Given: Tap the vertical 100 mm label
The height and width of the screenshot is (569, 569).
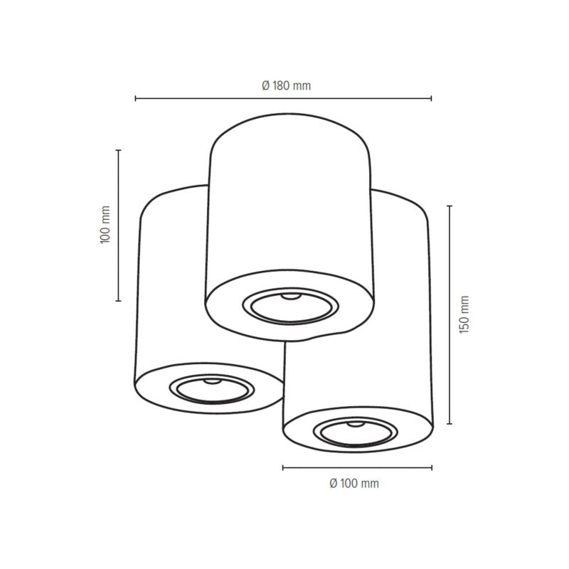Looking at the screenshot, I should [x=106, y=225].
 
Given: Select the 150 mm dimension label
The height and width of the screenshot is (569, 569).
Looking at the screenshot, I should [x=464, y=315].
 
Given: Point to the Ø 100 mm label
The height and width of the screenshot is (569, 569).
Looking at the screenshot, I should [x=354, y=484].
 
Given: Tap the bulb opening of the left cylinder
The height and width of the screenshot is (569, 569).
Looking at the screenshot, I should [x=211, y=389].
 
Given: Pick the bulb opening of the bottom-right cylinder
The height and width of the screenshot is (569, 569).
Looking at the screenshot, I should [x=356, y=432].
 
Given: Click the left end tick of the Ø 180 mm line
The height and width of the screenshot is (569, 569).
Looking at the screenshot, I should [x=136, y=98].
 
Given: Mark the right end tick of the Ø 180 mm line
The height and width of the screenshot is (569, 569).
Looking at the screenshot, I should [x=431, y=98].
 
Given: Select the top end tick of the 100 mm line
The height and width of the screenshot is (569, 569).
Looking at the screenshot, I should [x=118, y=151].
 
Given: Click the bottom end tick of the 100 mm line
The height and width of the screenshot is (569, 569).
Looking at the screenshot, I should [x=118, y=301].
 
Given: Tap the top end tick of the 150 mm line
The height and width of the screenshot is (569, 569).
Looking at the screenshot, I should [x=449, y=206].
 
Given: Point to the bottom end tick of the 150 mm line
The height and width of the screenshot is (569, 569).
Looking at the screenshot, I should [x=449, y=424].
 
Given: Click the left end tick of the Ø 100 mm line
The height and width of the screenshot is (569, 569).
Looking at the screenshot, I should [x=283, y=467].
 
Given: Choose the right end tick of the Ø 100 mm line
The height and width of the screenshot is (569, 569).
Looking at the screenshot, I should [x=431, y=467].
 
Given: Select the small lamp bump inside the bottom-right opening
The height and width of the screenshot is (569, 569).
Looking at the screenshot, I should [x=354, y=425].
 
